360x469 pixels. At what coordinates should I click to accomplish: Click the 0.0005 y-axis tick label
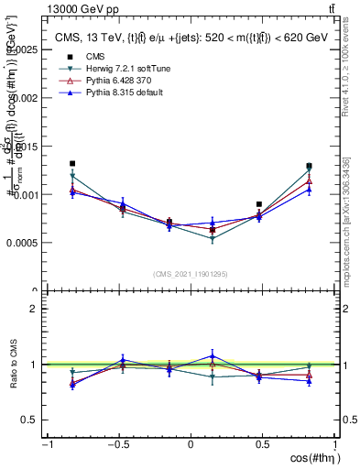[x=22, y=244]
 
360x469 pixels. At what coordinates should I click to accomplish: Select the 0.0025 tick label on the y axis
[x=22, y=49]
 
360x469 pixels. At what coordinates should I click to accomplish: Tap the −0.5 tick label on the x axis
[x=117, y=445]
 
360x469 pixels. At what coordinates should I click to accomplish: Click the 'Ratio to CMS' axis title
[x=12, y=365]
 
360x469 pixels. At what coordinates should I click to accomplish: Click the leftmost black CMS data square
[x=72, y=164]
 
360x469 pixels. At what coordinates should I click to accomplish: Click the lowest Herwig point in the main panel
[x=213, y=239]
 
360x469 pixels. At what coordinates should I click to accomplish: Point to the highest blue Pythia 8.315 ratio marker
[x=213, y=355]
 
